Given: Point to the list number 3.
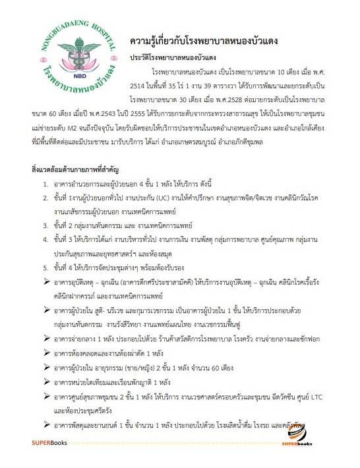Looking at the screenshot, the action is (45, 225).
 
